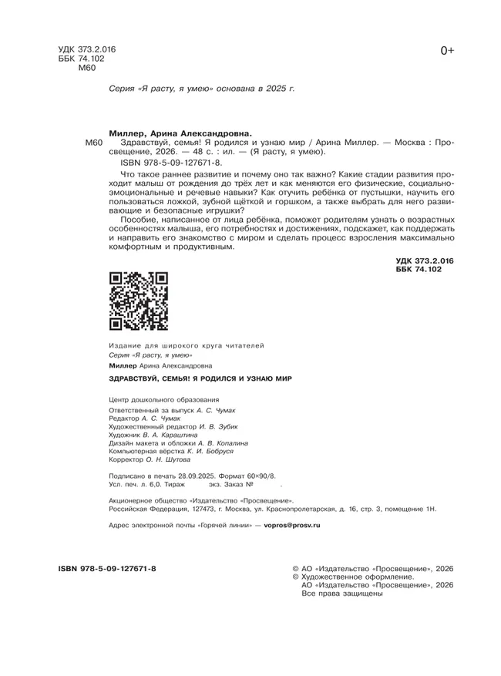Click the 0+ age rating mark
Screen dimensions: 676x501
pos(447,51)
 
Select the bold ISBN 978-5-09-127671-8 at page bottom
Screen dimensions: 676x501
pos(107,568)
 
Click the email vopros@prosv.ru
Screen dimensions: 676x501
pos(291,524)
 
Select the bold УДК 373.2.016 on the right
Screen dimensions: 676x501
pos(424,262)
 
